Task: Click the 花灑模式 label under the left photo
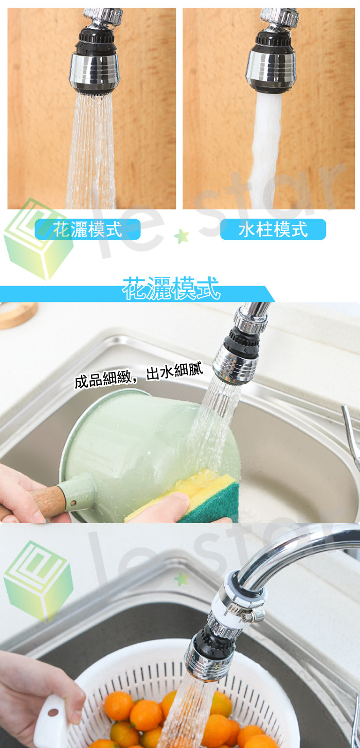(87, 229)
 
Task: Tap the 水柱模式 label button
(273, 229)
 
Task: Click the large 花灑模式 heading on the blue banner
(171, 288)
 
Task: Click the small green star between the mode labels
(182, 236)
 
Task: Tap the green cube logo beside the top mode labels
(38, 239)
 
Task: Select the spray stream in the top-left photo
(91, 150)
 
